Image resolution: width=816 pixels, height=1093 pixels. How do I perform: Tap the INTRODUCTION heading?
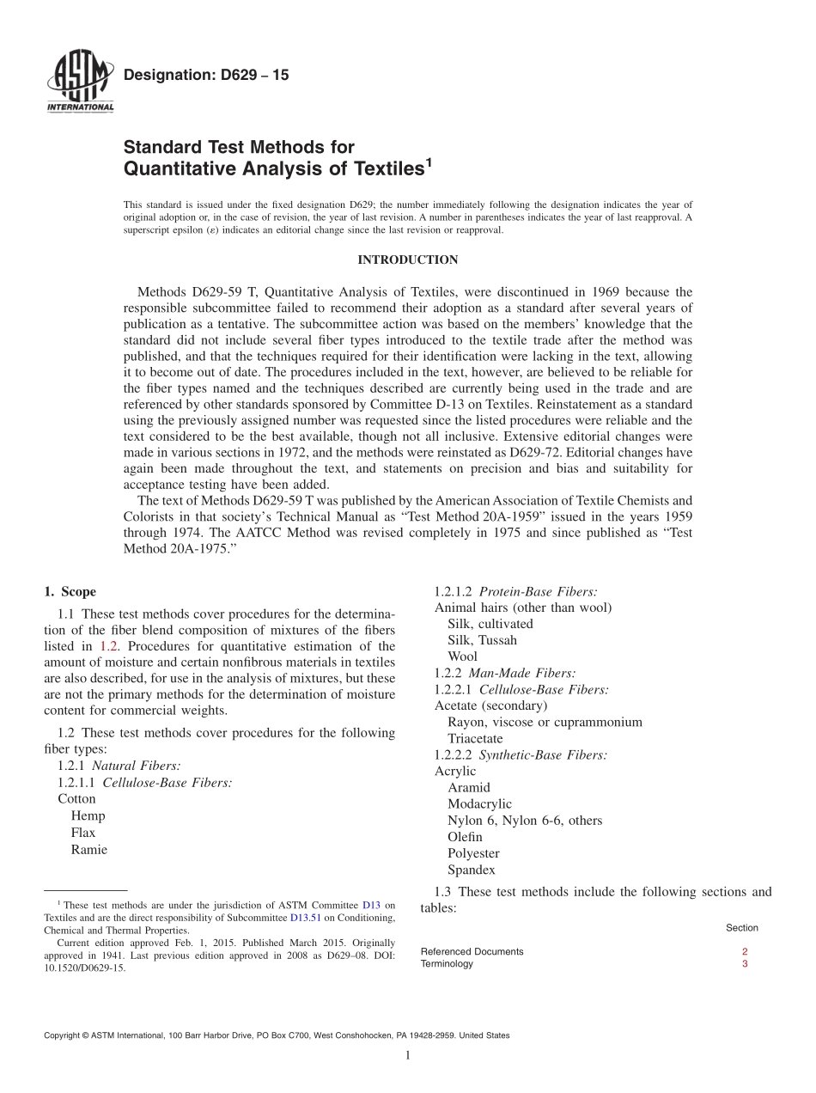(x=407, y=260)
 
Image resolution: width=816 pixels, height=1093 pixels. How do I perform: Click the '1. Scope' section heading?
(x=70, y=591)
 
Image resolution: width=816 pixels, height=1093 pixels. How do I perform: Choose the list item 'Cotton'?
(x=76, y=799)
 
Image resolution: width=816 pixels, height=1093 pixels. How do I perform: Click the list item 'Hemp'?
(x=88, y=816)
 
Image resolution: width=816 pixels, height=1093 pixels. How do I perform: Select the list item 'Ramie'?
(x=89, y=849)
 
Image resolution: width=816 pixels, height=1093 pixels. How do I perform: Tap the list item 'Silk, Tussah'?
(x=482, y=640)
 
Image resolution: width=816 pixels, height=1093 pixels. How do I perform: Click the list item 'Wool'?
(x=462, y=656)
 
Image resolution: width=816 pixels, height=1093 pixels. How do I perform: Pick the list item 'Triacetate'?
(x=475, y=738)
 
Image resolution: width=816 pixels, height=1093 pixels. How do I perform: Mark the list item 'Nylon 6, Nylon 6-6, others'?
(x=525, y=821)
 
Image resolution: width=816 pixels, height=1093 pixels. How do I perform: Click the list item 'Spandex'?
(x=471, y=870)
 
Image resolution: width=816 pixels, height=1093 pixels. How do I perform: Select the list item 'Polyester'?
(x=473, y=853)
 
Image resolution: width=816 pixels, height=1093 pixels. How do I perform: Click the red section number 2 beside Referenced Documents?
(x=744, y=951)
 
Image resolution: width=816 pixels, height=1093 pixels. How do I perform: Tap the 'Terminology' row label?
(x=447, y=964)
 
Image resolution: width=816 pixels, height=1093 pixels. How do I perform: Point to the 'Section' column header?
(x=741, y=928)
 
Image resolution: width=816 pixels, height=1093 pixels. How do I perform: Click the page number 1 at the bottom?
(x=408, y=1056)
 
